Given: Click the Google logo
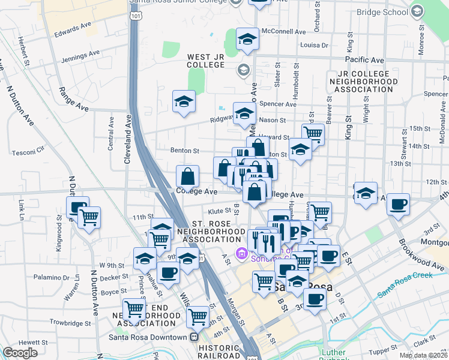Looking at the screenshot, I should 20,353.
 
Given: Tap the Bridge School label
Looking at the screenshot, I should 381,11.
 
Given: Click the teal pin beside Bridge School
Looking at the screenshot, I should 417,11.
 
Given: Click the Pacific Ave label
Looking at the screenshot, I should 364,60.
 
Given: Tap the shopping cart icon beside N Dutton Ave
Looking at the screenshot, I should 89,218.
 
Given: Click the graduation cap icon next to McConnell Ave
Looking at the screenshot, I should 247,40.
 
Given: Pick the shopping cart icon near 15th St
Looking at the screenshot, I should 313,133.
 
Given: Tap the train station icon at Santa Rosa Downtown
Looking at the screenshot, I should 194,337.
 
